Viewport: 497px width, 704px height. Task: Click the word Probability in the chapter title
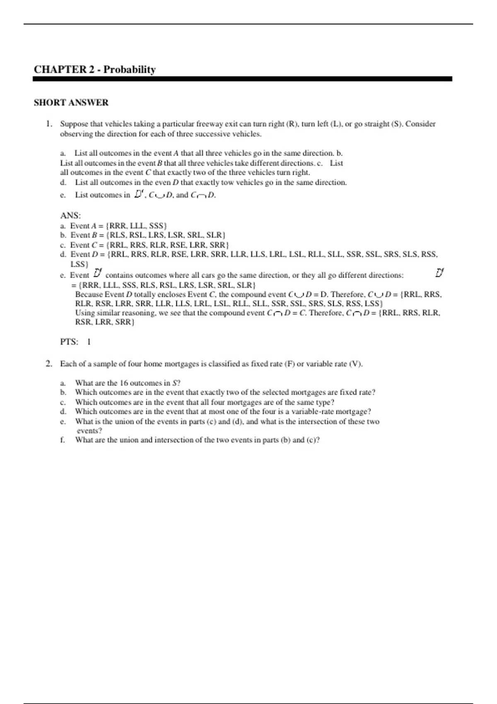pyautogui.click(x=130, y=70)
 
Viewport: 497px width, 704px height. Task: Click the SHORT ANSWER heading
pyautogui.click(x=71, y=103)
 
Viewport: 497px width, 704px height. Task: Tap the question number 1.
pyautogui.click(x=49, y=124)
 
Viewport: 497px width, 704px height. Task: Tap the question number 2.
pyautogui.click(x=49, y=364)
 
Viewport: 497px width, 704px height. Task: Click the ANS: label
pyautogui.click(x=70, y=215)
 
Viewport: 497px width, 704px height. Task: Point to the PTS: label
pyautogui.click(x=69, y=342)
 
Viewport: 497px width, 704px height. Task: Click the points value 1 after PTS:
pyautogui.click(x=89, y=342)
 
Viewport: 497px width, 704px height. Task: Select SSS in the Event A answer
pyautogui.click(x=158, y=226)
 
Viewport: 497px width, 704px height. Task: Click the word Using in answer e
pyautogui.click(x=85, y=313)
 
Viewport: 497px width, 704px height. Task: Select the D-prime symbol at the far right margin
pyautogui.click(x=439, y=273)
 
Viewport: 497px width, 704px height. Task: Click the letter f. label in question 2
pyautogui.click(x=63, y=440)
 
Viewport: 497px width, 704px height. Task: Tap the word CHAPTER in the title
pyautogui.click(x=60, y=70)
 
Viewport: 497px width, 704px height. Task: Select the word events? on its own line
pyautogui.click(x=89, y=431)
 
